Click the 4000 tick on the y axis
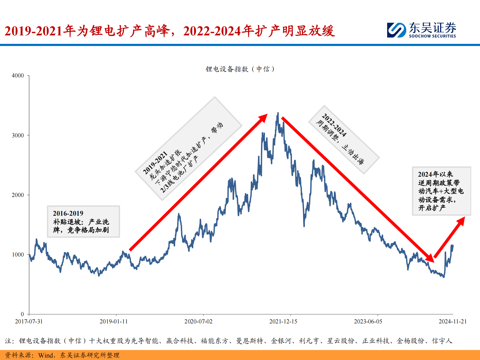point(18,76)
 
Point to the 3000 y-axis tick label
point(18,136)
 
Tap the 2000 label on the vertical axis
point(18,195)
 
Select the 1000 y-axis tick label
point(18,255)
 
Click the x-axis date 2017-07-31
point(29,322)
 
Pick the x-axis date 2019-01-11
point(114,322)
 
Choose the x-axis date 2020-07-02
point(198,322)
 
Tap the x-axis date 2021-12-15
point(283,322)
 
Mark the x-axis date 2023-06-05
point(368,322)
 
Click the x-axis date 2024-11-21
point(453,322)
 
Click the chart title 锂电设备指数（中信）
point(240,69)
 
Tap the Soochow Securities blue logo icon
point(397,30)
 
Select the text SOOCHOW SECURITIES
point(433,36)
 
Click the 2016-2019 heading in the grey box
point(68,214)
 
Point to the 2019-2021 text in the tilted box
point(155,163)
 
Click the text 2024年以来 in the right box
point(436,174)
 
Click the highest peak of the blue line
point(278,113)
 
